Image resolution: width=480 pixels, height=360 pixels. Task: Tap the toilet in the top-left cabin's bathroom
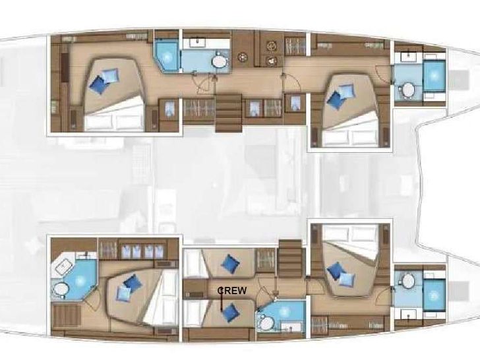pos(218,62)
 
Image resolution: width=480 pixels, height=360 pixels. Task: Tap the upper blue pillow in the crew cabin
pos(230,264)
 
